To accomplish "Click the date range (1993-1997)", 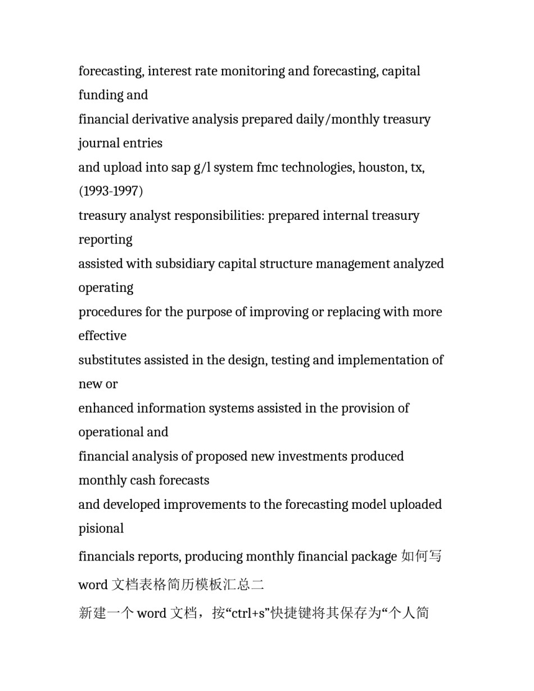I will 111,192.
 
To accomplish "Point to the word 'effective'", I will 102,336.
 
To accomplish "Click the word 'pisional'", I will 101,529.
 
